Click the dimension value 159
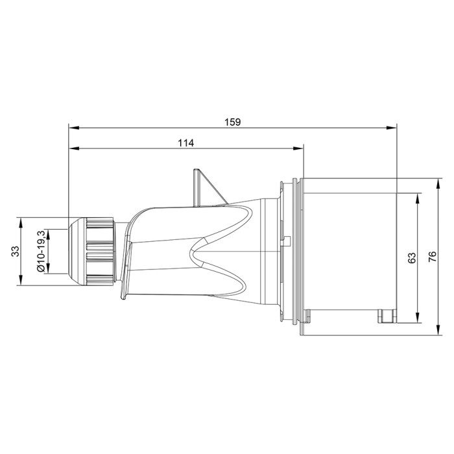[x=232, y=121]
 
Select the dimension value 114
[x=187, y=143]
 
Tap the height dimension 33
[x=14, y=251]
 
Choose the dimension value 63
[x=411, y=257]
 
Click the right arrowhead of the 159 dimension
[x=393, y=127]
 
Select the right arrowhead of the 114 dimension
[x=300, y=149]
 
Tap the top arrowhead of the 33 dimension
[x=22, y=221]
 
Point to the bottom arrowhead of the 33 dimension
[x=22, y=281]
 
